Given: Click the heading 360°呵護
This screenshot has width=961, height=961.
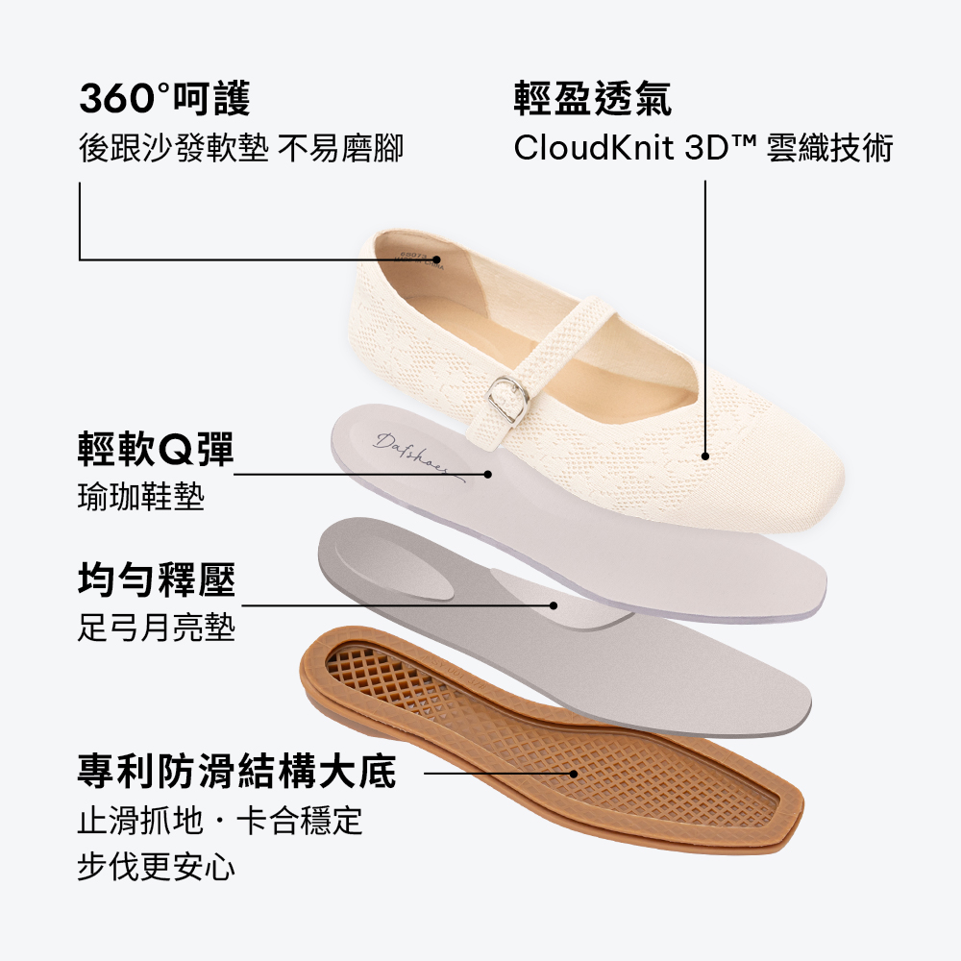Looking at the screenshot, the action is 165,98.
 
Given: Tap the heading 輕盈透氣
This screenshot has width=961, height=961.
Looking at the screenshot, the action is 593,98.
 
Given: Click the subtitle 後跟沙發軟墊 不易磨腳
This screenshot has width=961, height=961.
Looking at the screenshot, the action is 241,148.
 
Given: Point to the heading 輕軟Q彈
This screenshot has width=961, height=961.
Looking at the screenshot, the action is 157,449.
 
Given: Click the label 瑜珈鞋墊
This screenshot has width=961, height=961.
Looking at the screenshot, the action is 141,497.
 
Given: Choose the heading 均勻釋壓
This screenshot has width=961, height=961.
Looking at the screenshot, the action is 157,579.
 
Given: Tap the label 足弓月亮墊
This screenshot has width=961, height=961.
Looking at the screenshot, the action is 157,627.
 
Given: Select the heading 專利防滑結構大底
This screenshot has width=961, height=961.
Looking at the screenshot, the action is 237,771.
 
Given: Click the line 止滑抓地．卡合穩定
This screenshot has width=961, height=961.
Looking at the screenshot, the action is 220,820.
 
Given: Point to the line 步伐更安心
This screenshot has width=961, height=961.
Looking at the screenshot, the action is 157,867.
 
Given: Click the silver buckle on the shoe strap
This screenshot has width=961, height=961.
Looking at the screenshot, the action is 508,399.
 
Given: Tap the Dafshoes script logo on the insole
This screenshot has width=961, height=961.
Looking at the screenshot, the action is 418,456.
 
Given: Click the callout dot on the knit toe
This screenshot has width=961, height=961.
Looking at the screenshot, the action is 704,456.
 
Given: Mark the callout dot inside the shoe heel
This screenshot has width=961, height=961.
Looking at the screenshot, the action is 437,259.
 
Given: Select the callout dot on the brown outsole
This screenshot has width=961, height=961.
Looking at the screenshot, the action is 574,774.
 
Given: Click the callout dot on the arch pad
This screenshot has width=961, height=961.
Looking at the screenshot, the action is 554,605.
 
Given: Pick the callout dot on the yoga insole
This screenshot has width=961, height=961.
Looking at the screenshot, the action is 488,474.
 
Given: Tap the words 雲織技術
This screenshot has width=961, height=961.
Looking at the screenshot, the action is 829,148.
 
